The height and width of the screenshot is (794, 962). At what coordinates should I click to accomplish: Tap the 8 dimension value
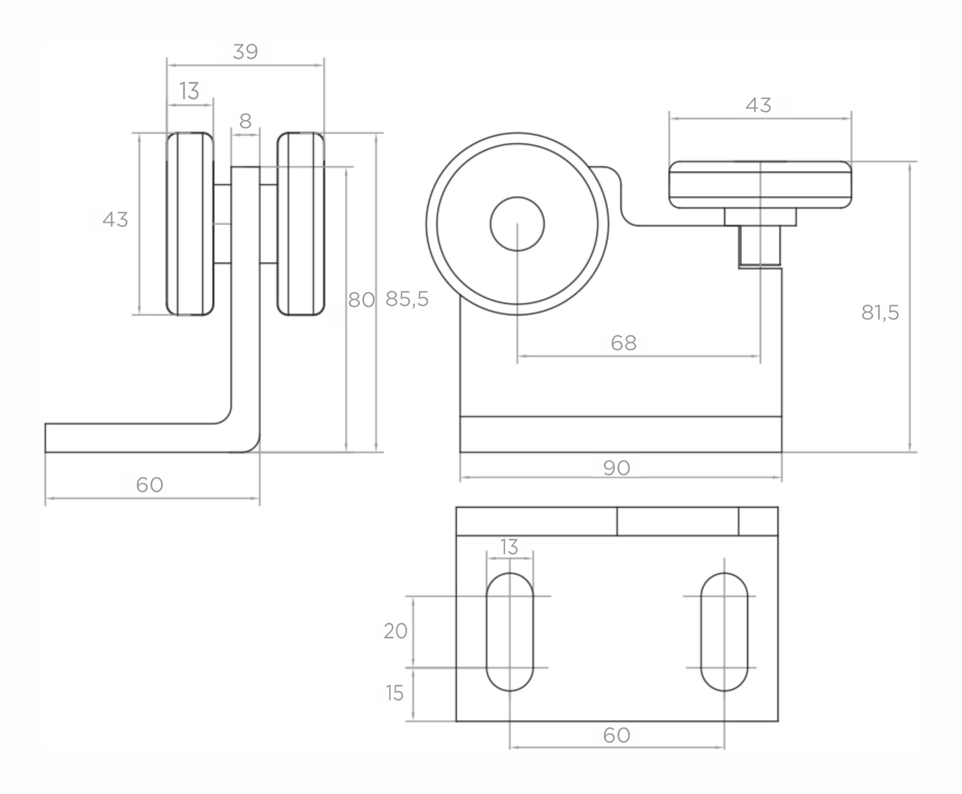[x=245, y=121]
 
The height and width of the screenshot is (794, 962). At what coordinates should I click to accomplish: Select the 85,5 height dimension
[x=407, y=299]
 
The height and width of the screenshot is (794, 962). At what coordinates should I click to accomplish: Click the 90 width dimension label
[x=616, y=468]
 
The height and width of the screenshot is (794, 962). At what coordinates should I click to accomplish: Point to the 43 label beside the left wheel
[x=115, y=220]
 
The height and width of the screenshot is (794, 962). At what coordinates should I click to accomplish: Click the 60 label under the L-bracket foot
[x=150, y=485]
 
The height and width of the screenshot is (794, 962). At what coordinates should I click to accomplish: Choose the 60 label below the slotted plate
[x=616, y=736]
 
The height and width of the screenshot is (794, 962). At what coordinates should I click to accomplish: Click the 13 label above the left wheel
[x=189, y=91]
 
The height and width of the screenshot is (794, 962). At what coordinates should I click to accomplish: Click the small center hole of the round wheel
[x=517, y=224]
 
